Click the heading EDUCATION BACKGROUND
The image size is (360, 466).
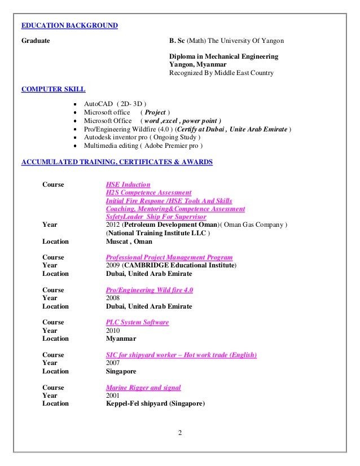(69, 25)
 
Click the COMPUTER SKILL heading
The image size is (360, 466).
(53, 89)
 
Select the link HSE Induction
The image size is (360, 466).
(128, 184)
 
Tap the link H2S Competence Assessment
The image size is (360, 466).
(148, 192)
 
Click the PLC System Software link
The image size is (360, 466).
(137, 322)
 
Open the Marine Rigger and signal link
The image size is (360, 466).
(143, 388)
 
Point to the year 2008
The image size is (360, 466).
(113, 298)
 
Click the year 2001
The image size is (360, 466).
(113, 395)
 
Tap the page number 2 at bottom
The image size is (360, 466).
(180, 433)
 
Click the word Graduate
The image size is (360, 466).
(36, 41)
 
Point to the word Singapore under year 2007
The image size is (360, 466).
(121, 371)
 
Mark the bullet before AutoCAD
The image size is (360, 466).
(76, 104)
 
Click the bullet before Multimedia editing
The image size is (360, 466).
(76, 146)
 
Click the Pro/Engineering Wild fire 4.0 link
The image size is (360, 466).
(150, 290)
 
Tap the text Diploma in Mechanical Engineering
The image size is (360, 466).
(223, 57)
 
